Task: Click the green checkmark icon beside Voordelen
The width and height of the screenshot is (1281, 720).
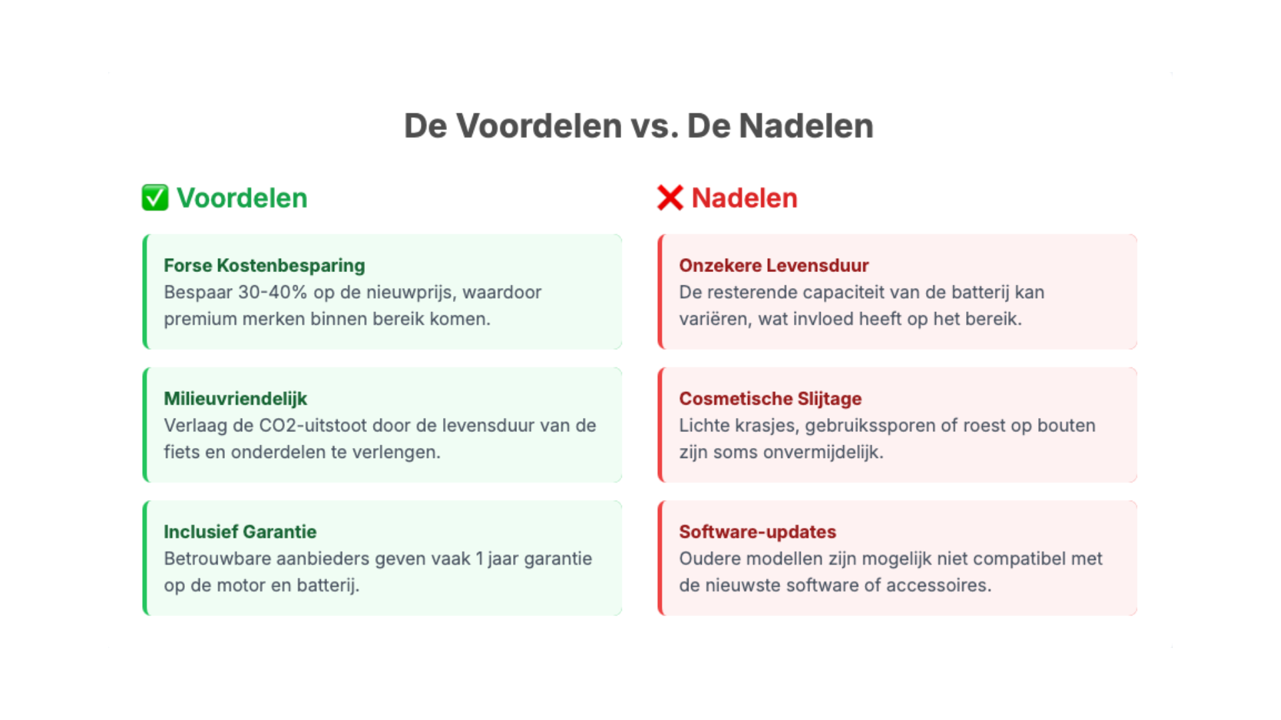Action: point(155,198)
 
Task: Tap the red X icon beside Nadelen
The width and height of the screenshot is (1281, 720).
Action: point(670,198)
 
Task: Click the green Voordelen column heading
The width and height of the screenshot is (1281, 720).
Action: point(242,198)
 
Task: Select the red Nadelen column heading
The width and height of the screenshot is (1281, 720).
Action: point(744,198)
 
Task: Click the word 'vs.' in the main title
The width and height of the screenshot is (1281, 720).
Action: point(655,126)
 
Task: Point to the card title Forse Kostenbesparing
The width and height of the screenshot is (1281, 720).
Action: point(264,265)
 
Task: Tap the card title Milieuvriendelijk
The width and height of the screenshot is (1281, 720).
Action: point(235,399)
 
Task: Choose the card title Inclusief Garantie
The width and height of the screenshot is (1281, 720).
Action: point(240,532)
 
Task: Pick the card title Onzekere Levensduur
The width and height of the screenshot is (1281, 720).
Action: point(773,265)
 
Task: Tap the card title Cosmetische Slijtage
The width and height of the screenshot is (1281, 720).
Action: point(770,399)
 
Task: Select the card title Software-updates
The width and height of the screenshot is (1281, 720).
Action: point(757,532)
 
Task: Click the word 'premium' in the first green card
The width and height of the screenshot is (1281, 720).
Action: point(200,319)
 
